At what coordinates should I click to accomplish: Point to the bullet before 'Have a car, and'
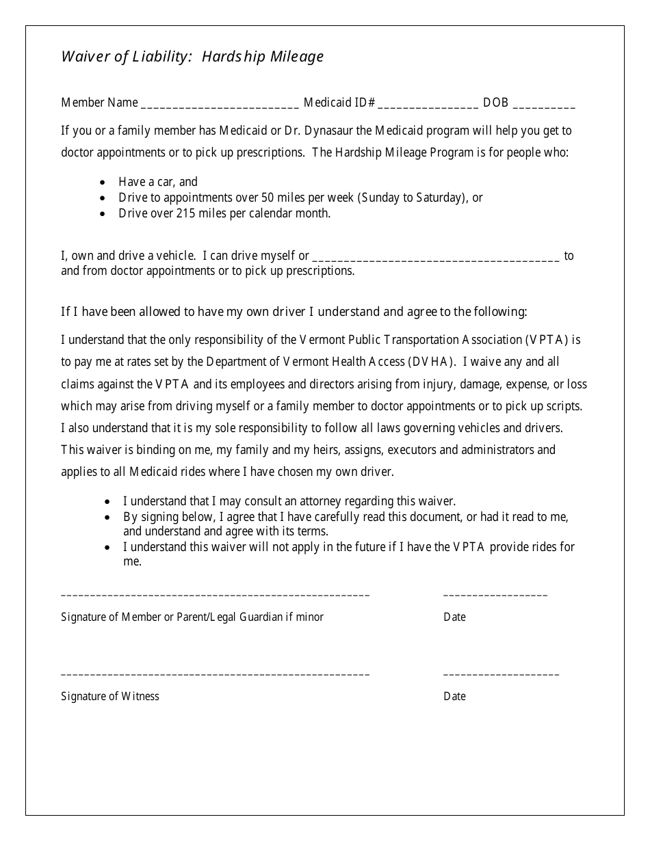pyautogui.click(x=103, y=183)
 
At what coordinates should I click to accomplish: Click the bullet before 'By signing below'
pyautogui.click(x=107, y=517)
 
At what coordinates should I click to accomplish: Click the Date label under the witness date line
pyautogui.click(x=454, y=696)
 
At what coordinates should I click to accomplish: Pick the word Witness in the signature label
pyautogui.click(x=140, y=696)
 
